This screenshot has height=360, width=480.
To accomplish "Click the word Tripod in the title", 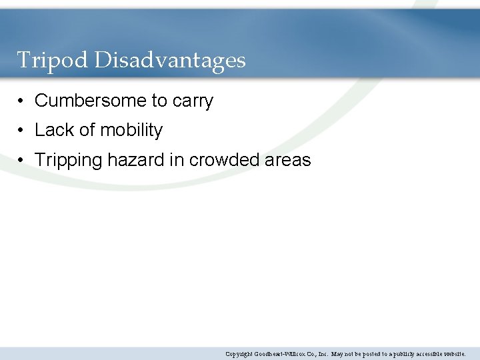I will point(53,61).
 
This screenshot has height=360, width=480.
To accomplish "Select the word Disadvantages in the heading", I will point(169,61).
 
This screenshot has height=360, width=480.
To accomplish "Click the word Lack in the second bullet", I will point(53,130).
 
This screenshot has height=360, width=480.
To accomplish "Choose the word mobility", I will point(131,131).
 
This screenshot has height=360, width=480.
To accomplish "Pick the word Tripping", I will point(69,161).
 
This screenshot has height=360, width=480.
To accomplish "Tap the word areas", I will point(288,161).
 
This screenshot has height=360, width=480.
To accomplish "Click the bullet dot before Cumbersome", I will point(22,101).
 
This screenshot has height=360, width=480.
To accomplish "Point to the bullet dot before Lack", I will point(22,131).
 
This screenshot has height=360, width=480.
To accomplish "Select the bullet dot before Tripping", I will point(22,161).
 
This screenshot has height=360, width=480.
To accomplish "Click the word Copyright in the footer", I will point(239,354).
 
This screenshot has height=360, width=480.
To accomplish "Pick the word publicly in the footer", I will point(397,354).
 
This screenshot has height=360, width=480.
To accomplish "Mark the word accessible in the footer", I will point(427,354).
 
